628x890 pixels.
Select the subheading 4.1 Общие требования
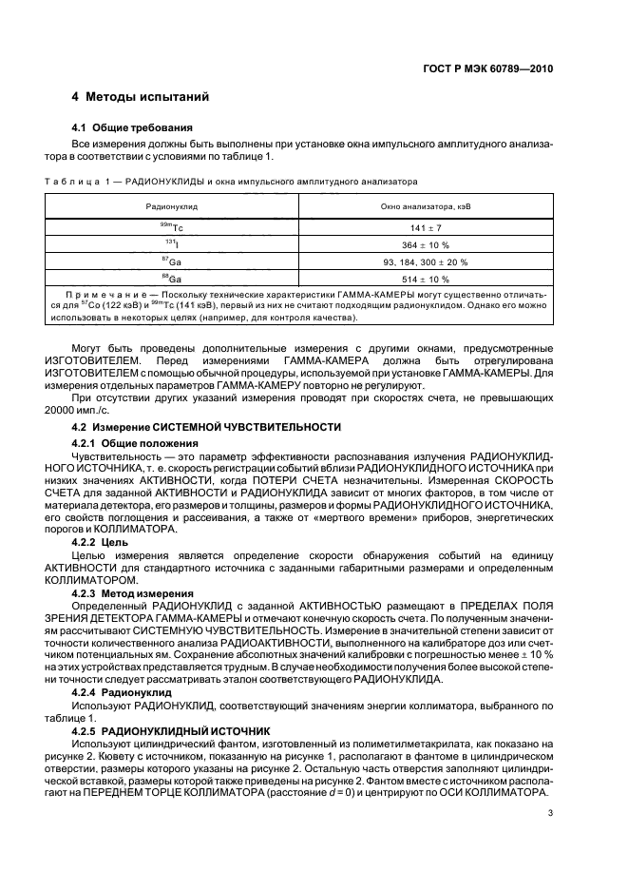[133, 127]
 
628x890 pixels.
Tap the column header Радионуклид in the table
[172, 204]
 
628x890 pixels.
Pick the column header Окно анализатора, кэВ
[426, 204]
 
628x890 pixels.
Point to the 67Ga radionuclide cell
[172, 261]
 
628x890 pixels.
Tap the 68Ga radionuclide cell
[172, 278]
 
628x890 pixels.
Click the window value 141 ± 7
[426, 229]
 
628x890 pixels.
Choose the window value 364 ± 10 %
[426, 245]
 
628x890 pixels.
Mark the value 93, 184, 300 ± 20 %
[426, 261]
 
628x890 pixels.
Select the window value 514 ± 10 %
[426, 278]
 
